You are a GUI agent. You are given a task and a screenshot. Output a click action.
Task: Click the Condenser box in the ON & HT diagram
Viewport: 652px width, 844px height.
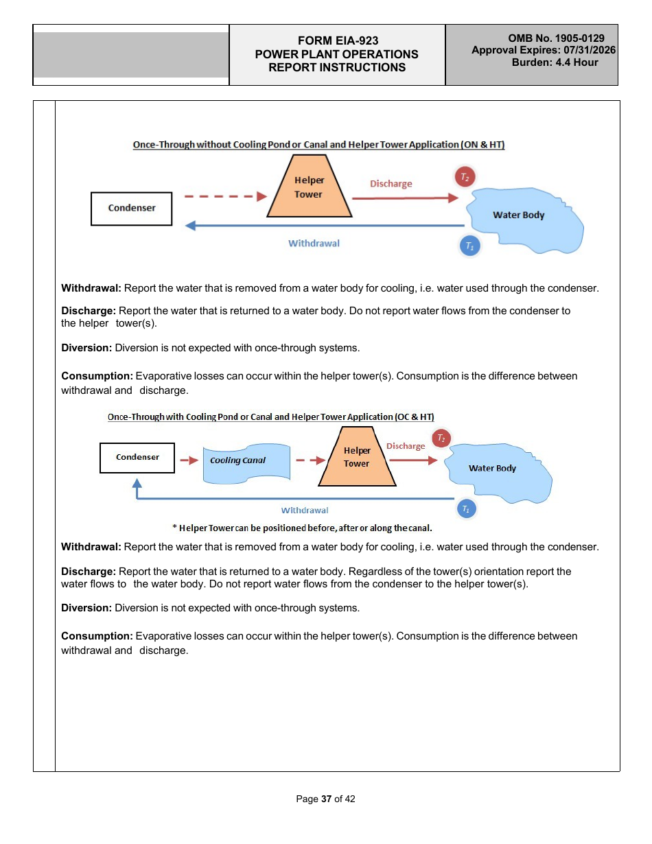(x=131, y=208)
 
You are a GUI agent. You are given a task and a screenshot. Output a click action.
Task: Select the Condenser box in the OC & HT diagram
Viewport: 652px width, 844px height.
(x=137, y=457)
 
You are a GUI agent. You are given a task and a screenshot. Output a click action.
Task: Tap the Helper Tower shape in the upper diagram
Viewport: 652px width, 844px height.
(x=309, y=187)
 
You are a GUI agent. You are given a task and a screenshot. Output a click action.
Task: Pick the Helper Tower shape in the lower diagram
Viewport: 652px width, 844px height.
(x=357, y=457)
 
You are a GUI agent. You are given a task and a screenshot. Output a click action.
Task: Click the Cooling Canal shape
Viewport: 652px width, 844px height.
(x=245, y=462)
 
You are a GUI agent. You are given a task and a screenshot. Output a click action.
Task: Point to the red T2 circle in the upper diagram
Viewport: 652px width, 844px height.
(x=465, y=176)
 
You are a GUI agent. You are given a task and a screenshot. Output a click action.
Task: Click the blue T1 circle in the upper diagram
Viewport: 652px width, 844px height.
(x=469, y=246)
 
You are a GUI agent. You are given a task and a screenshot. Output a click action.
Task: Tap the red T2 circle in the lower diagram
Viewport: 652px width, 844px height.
(x=442, y=438)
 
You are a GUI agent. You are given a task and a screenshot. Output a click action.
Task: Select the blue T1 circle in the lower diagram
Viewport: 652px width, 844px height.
(x=466, y=508)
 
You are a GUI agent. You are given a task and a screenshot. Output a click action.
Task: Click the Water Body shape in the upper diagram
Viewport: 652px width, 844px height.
(x=522, y=215)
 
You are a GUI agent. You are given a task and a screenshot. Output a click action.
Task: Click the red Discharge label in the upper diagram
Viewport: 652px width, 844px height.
(x=391, y=184)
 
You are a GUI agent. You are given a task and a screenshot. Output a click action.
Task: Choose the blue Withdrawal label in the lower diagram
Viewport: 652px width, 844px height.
(x=305, y=511)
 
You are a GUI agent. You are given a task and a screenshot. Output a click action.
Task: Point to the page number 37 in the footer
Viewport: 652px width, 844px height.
(x=326, y=799)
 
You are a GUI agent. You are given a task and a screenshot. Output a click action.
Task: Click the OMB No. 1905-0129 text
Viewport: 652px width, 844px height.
(x=556, y=38)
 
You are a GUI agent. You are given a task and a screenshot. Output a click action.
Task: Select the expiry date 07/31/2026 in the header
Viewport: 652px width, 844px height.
(x=590, y=50)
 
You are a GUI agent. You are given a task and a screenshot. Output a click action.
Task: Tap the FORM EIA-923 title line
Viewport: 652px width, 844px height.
(x=336, y=41)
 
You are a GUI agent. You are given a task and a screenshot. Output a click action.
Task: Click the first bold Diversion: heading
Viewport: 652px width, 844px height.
(x=86, y=348)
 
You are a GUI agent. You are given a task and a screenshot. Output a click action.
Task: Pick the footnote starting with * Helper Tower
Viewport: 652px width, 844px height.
(x=301, y=528)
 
